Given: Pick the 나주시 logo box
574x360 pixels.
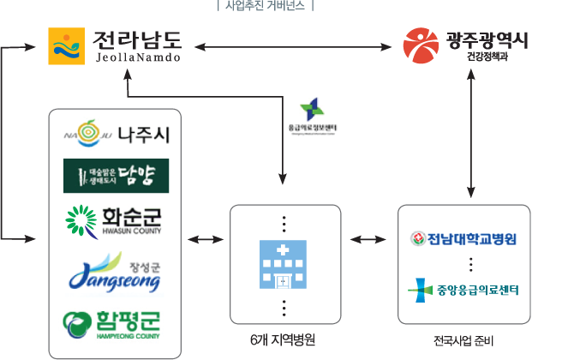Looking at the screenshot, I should point(115,135).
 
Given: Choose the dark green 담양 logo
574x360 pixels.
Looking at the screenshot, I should point(116,177).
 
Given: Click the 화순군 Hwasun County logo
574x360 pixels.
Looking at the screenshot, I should point(115,219).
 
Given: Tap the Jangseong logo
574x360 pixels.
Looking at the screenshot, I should point(114,274).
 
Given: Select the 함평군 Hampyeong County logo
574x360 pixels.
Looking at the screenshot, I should point(112,326).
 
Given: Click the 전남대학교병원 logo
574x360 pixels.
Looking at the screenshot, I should point(463,238).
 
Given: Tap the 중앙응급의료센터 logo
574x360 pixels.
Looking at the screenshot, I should point(463,289).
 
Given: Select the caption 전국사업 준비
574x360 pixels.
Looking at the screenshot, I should point(463,339).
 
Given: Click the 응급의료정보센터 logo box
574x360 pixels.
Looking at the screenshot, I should point(314,116).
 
